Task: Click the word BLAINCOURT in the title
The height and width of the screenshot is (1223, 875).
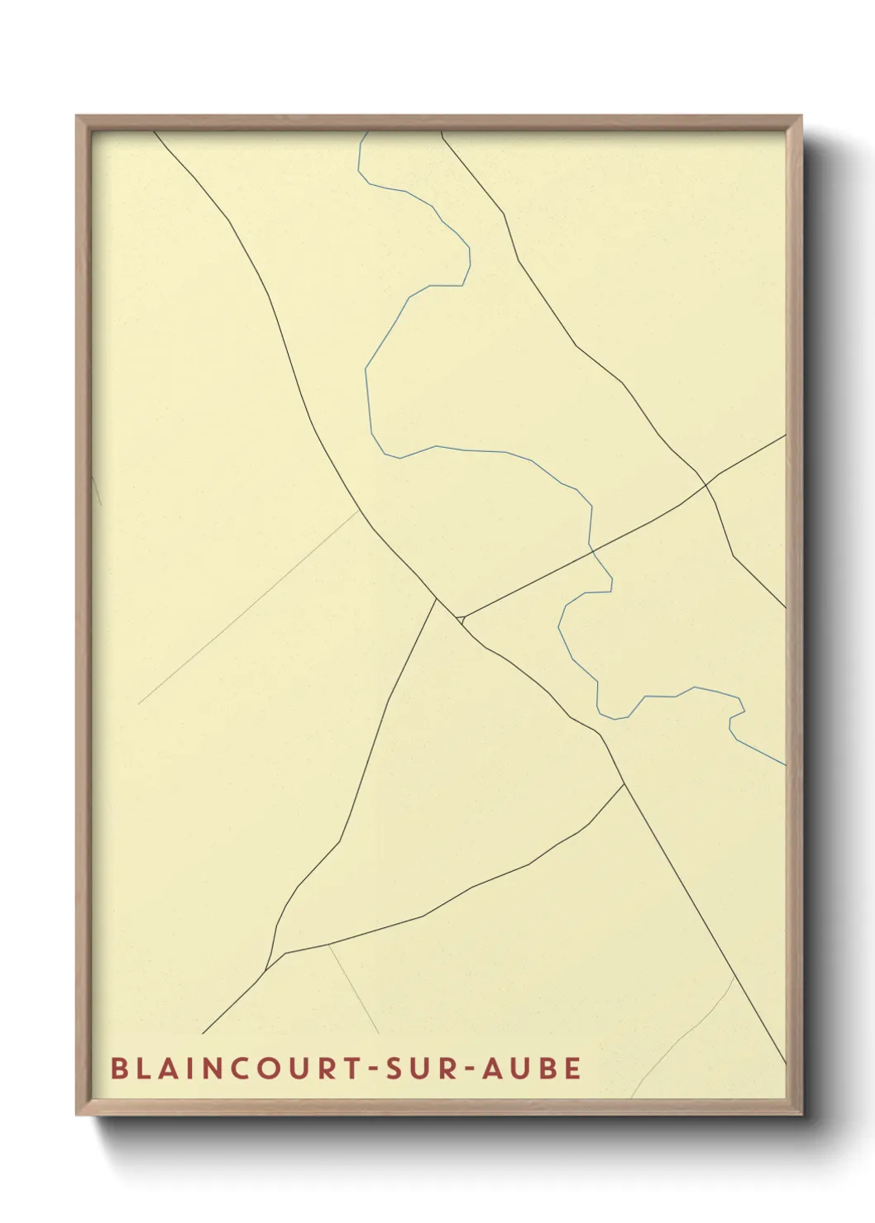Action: click(x=227, y=1068)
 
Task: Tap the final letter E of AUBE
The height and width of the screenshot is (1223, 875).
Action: click(x=572, y=1068)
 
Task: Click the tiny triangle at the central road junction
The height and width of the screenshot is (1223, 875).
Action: click(x=460, y=617)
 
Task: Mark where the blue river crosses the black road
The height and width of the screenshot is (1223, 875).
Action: click(x=591, y=546)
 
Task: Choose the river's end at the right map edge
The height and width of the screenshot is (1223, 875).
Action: click(x=783, y=764)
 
